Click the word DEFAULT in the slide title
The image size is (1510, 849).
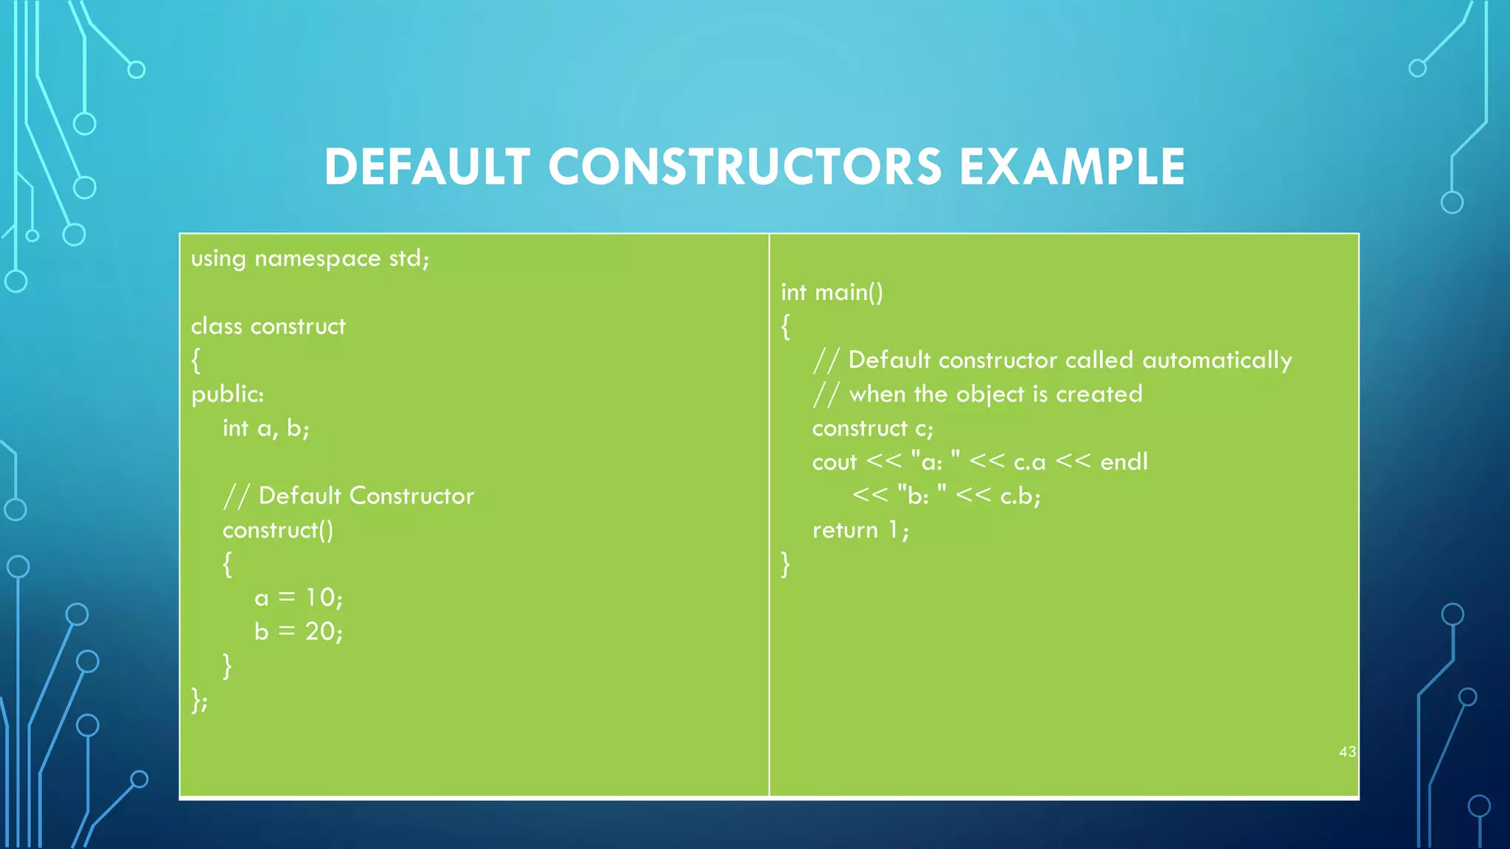click(x=427, y=167)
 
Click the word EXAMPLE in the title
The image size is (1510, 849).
click(x=1072, y=167)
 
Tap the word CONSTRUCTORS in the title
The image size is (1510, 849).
click(x=745, y=167)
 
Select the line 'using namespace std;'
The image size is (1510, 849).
click(x=310, y=259)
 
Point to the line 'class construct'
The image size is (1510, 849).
click(x=268, y=326)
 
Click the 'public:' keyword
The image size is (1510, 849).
click(x=227, y=394)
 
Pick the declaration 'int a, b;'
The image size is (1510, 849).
click(x=265, y=428)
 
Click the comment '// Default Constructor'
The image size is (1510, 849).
click(x=348, y=496)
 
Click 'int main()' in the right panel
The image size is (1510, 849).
click(x=832, y=293)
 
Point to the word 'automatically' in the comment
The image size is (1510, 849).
click(x=1217, y=360)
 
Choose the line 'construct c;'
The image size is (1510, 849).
click(x=872, y=428)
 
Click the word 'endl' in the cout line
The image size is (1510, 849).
click(x=1124, y=462)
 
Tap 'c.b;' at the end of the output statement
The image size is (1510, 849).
click(x=1020, y=496)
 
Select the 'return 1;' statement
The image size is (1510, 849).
click(x=860, y=530)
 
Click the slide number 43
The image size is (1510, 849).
click(x=1347, y=752)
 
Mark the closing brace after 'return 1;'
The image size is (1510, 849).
click(x=785, y=564)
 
